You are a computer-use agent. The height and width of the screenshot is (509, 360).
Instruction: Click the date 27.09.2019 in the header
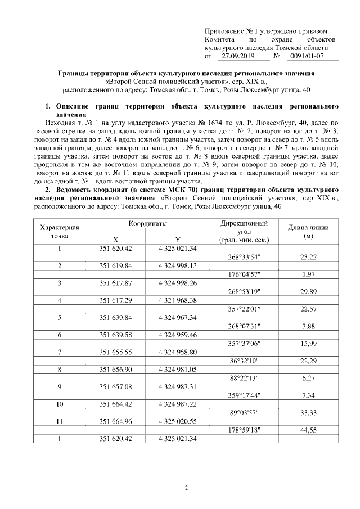[x=238, y=56]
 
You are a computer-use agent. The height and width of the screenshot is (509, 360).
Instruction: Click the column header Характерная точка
[x=60, y=231]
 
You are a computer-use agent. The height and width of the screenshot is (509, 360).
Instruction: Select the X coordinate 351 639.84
[x=115, y=317]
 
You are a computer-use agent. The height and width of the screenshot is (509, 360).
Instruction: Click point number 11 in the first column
[x=60, y=421]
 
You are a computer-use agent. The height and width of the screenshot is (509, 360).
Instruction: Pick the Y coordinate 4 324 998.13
[x=177, y=265]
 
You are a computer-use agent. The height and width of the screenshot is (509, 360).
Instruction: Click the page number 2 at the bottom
[x=186, y=487]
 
